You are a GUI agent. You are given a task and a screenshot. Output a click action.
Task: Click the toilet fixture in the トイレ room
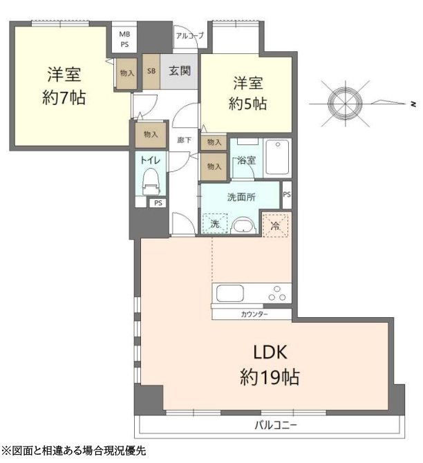[151, 181]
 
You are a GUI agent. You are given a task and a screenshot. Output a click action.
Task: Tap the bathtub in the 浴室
[277, 158]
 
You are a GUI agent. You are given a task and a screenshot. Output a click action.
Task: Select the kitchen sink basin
[230, 293]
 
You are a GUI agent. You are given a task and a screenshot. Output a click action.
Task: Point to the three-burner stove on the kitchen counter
[277, 294]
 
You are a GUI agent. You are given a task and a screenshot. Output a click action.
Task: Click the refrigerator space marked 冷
[275, 226]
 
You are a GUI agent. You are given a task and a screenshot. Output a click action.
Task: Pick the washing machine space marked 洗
[215, 223]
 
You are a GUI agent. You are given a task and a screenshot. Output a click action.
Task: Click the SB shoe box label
[151, 71]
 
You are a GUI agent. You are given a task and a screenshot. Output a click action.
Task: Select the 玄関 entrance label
[180, 71]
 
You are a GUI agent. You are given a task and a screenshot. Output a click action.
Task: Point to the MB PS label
[124, 39]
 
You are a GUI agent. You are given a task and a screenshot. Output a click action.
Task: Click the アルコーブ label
[190, 36]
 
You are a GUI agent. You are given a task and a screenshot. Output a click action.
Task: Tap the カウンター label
[254, 314]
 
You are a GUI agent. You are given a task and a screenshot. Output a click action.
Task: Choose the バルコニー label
[276, 425]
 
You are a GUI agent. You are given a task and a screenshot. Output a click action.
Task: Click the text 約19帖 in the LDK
[270, 377]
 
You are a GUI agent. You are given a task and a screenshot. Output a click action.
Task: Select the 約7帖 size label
[64, 97]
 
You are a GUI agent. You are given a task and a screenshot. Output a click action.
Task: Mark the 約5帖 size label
[247, 104]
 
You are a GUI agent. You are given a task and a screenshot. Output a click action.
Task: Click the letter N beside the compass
[413, 104]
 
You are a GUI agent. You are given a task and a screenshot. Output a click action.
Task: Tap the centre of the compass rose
[345, 104]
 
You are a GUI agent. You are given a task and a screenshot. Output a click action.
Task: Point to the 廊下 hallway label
[185, 140]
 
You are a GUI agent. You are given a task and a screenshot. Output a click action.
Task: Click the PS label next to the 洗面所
[287, 195]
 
